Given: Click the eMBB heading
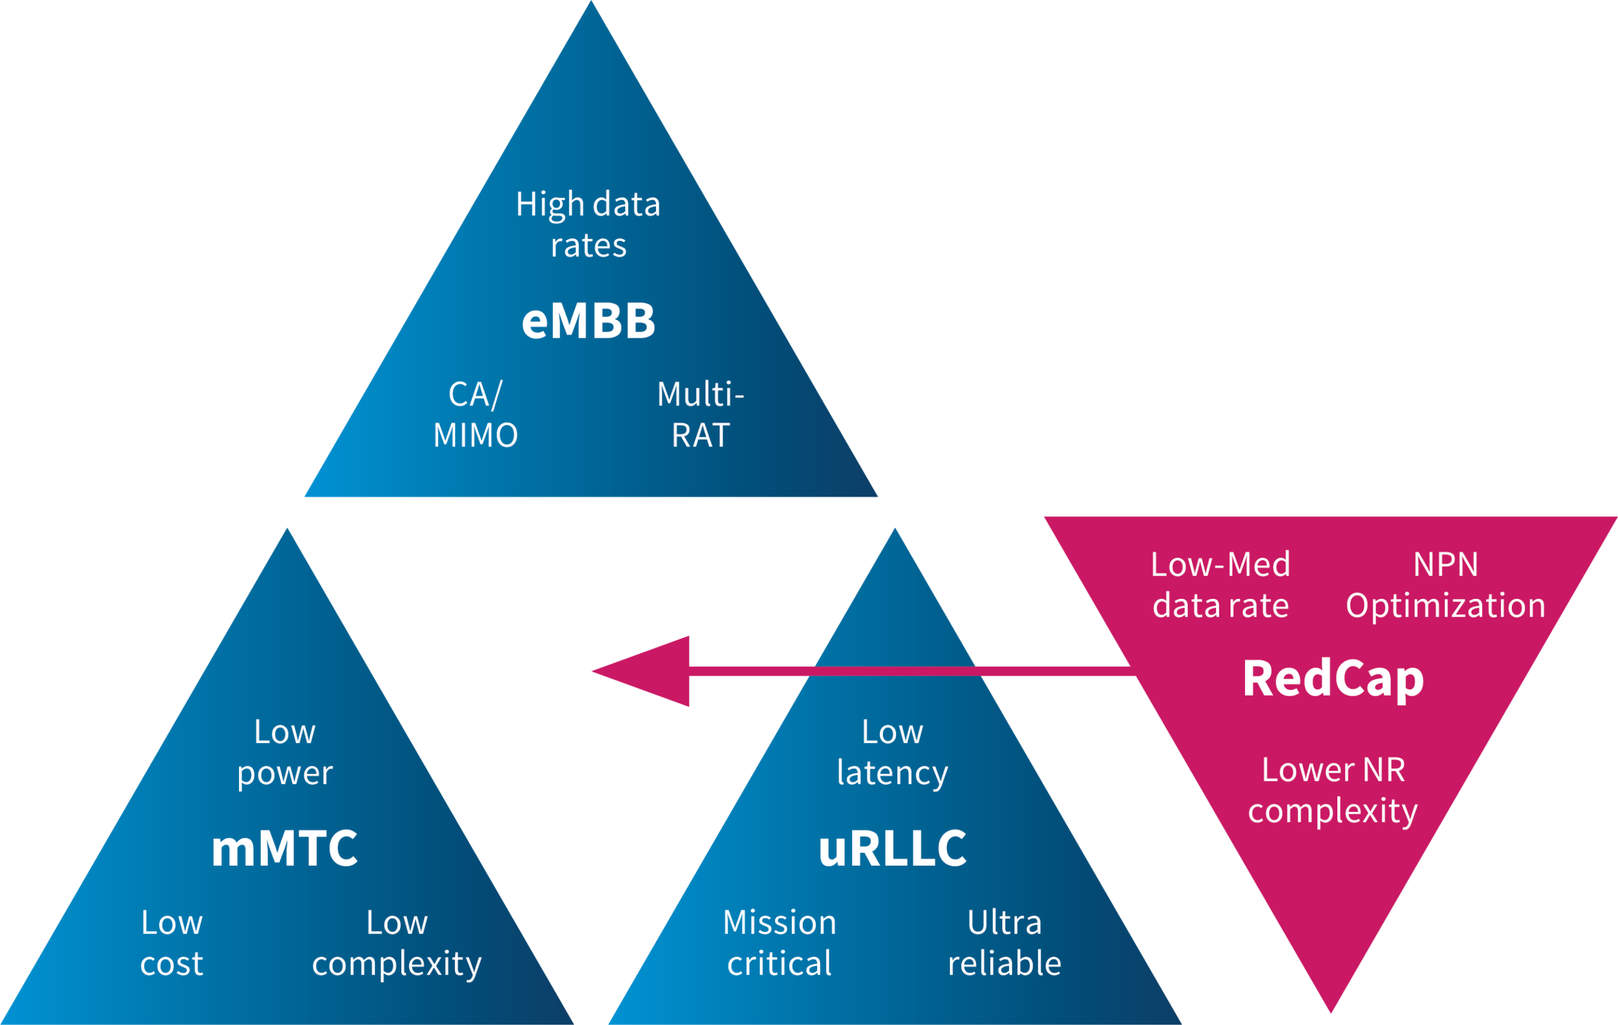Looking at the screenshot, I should click(588, 321).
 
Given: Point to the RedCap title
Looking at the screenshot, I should click(1333, 679).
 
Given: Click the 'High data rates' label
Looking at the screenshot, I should click(588, 224).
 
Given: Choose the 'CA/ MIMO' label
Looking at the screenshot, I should click(476, 415).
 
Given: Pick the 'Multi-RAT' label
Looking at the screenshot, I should click(701, 415).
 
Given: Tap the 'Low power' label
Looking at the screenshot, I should click(285, 752).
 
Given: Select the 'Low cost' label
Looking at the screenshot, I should click(172, 943).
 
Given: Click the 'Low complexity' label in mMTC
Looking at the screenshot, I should click(397, 943).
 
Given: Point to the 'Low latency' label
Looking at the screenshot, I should click(892, 752).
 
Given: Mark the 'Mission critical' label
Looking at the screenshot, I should click(779, 943).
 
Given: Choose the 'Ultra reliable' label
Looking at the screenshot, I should click(1004, 943).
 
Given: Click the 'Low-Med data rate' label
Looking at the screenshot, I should click(1221, 585).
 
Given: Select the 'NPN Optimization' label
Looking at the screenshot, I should click(1446, 585).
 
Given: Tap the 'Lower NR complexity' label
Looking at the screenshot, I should click(1333, 790).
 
